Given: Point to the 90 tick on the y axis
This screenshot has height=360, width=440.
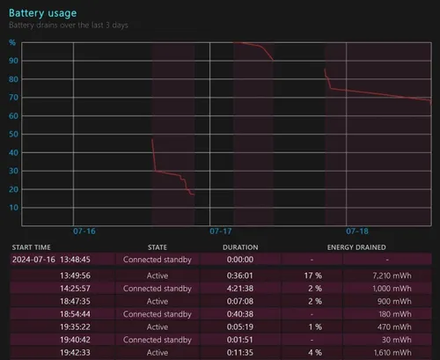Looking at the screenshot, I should click(x=12, y=60).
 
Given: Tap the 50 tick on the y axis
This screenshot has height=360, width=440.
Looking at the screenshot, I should click(x=12, y=134).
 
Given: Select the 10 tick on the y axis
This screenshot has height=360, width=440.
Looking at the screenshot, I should click(x=12, y=208).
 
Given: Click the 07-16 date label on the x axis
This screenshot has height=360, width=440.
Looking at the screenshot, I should click(x=84, y=231).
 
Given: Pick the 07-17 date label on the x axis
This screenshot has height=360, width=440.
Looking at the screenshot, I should click(x=221, y=231).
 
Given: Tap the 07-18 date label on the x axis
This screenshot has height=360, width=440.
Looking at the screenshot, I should click(x=357, y=231).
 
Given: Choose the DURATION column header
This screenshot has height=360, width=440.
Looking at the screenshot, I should click(x=240, y=247).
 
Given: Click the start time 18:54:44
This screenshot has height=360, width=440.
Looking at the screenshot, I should click(x=70, y=313).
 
